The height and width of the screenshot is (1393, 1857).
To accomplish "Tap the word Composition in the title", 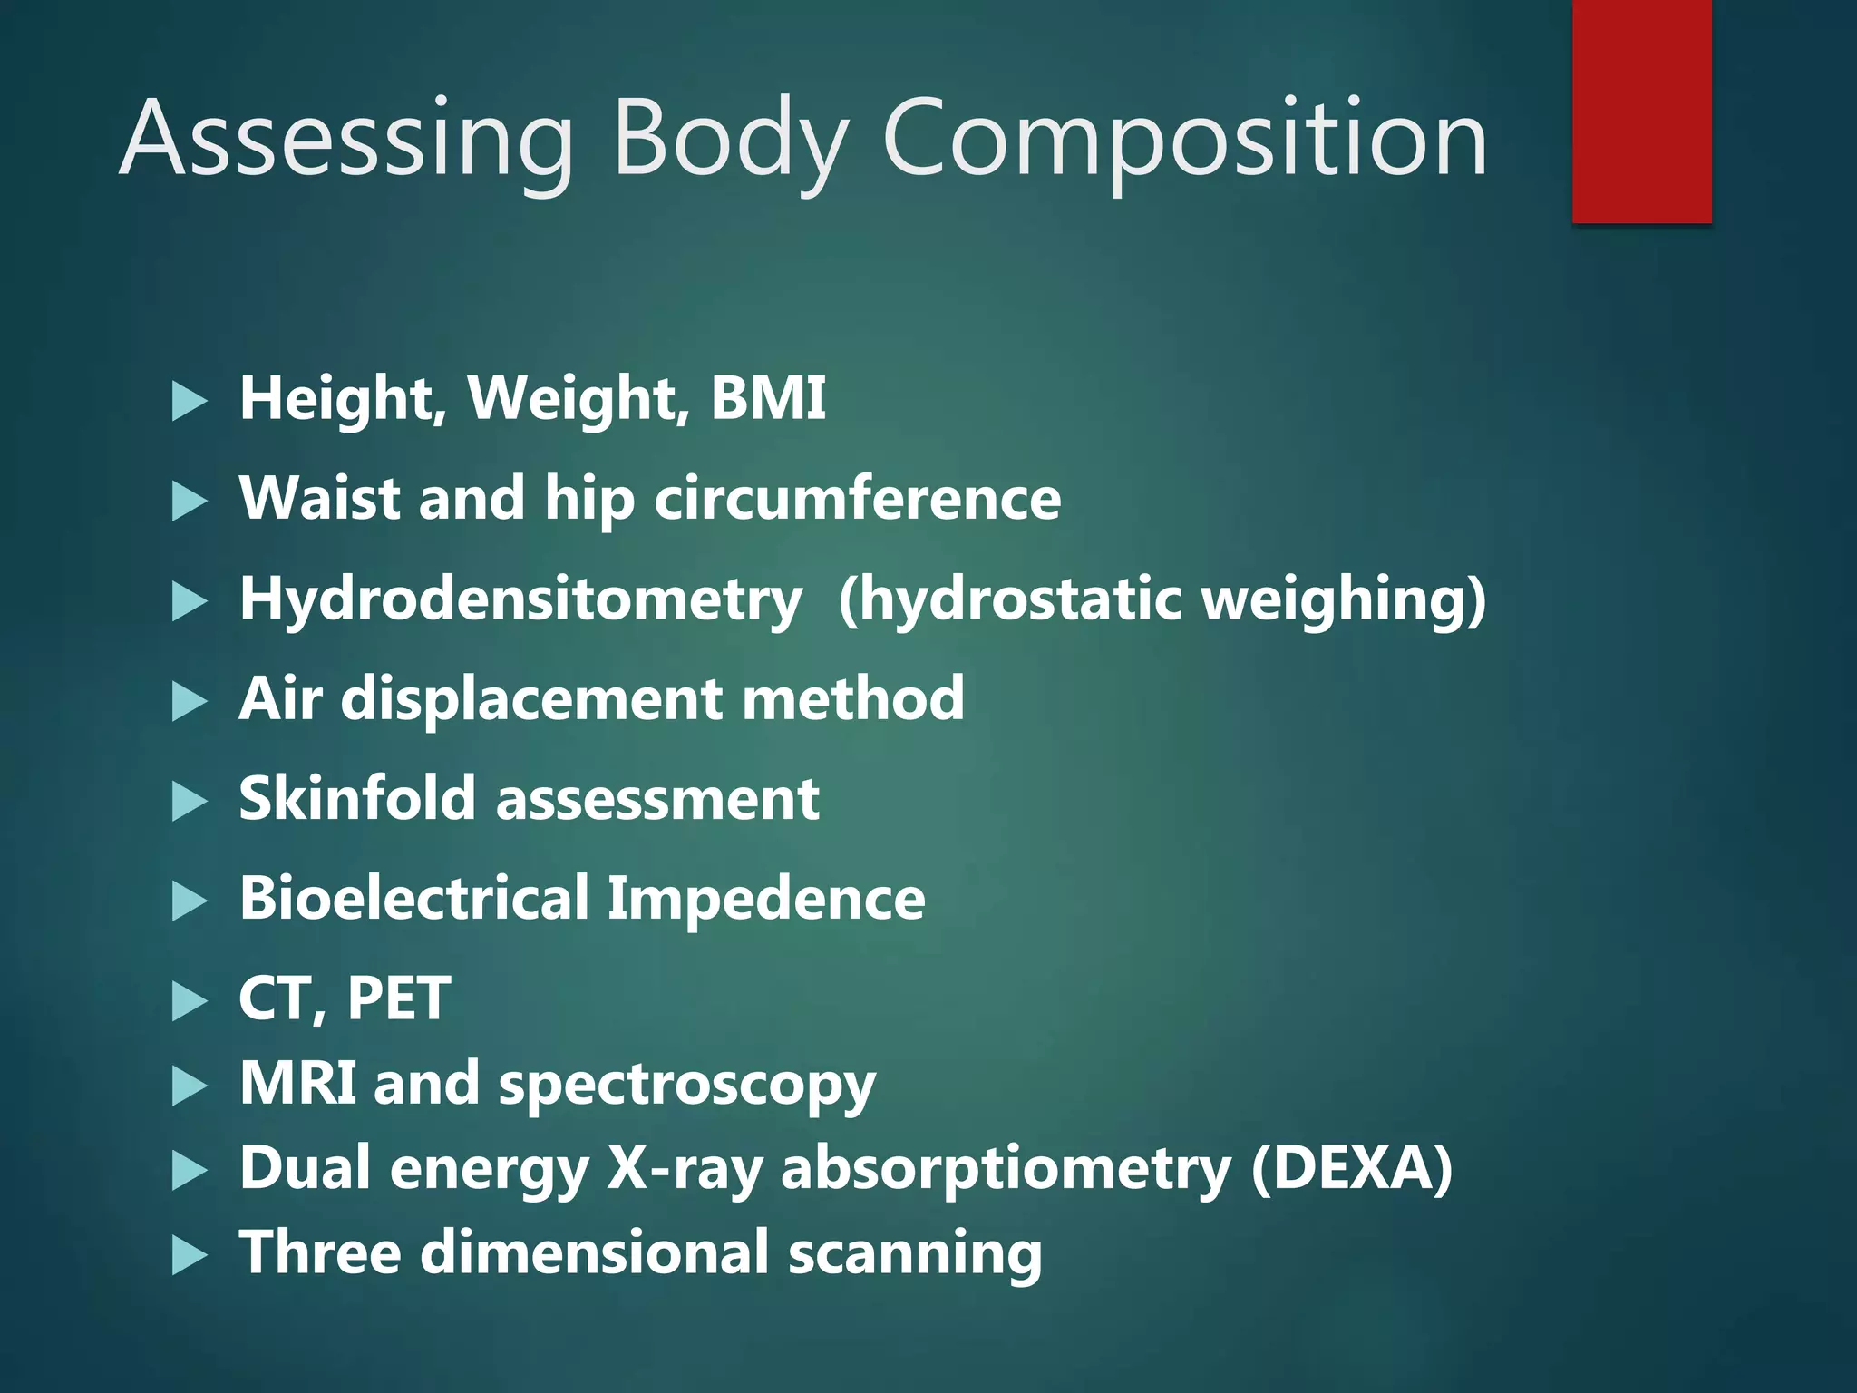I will coord(1184,141).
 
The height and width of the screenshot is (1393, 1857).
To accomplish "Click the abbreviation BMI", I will coord(768,398).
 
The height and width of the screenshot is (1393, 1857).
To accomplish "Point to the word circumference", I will coord(857,499).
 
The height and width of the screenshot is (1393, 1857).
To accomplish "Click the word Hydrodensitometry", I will coord(520,600).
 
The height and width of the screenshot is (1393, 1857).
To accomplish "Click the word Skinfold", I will coord(357,799).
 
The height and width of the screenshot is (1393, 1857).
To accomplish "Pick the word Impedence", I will coord(766,899).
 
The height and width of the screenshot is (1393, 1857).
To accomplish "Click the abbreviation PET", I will coord(399,998).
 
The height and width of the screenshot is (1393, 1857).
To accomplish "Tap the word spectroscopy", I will coord(686,1085).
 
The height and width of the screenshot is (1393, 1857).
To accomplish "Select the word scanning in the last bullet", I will coord(915,1253).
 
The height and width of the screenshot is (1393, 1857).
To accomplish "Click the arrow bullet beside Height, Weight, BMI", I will coord(189,401).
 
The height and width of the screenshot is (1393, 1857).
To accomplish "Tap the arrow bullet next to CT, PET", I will coord(189,1001).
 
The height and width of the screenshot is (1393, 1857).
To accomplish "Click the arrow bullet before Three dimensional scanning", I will coord(189,1256).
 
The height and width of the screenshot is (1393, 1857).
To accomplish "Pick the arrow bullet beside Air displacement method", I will coord(189,702).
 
